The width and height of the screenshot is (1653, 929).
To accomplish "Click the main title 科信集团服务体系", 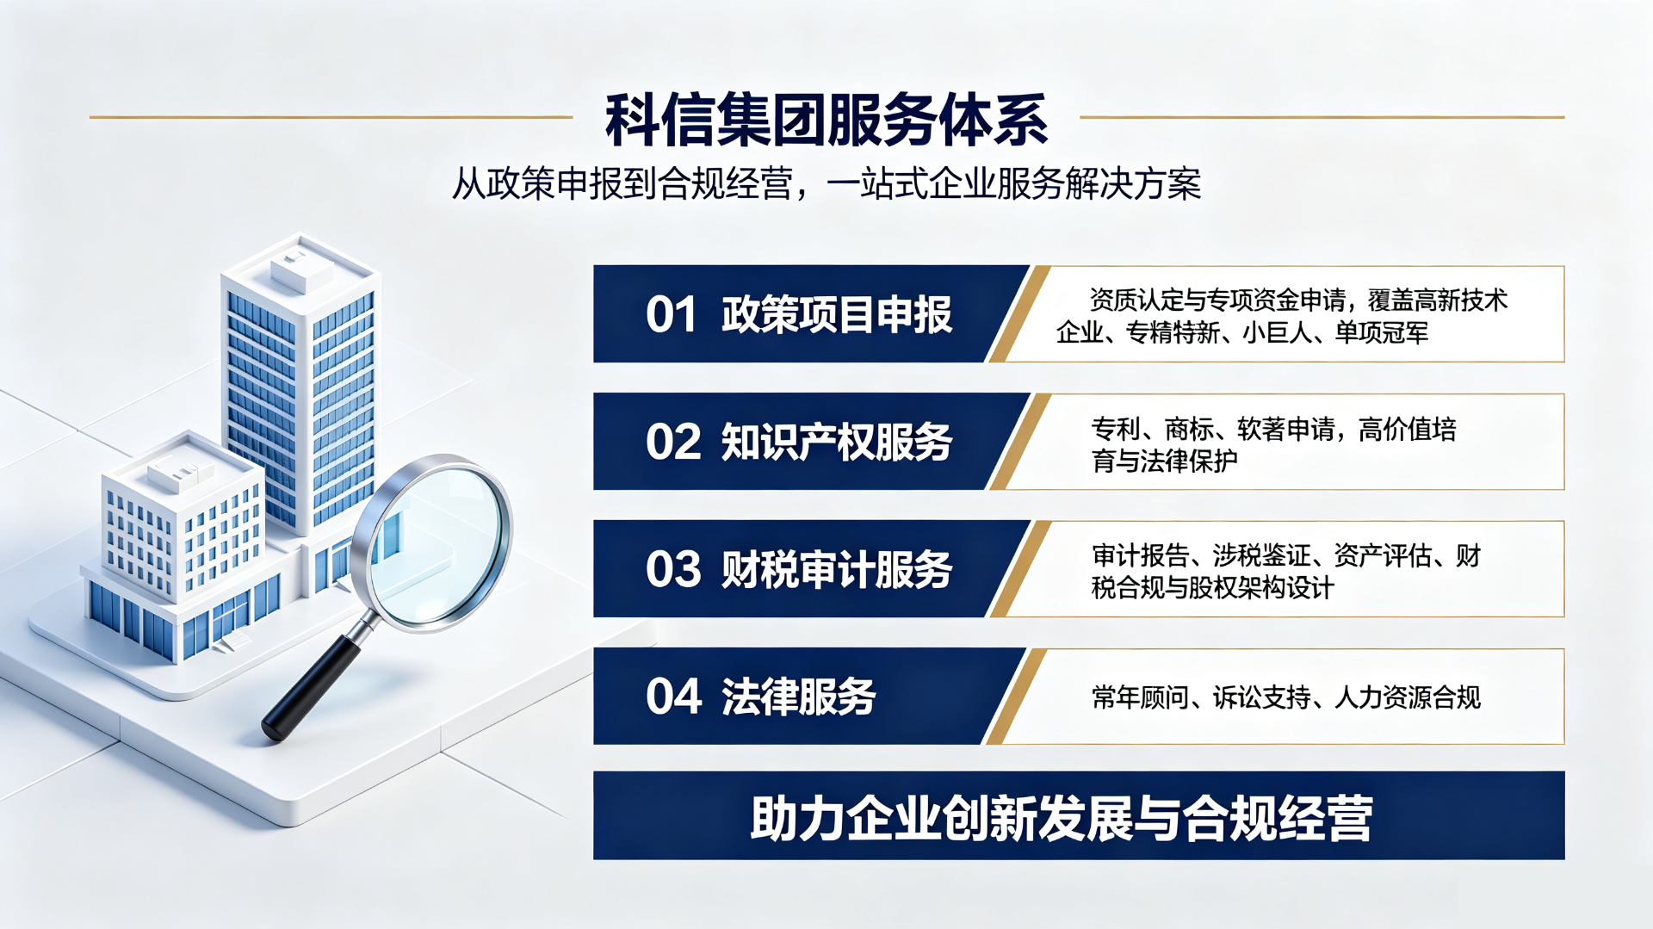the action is click(826, 120).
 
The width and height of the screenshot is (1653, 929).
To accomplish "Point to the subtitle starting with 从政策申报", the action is click(826, 183).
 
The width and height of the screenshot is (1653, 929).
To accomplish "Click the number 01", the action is click(671, 314).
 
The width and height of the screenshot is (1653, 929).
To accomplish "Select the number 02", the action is click(673, 442).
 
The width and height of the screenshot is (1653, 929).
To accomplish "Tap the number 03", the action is click(673, 569).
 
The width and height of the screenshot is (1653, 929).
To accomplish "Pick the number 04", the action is click(673, 697).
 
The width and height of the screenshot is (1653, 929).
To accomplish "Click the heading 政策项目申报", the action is click(837, 314).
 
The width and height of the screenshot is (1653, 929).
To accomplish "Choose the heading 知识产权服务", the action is click(837, 442).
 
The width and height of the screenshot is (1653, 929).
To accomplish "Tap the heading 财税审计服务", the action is click(837, 569).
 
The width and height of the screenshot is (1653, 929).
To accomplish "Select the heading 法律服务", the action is click(799, 697).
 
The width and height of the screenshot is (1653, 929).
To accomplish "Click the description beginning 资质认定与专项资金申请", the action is click(1282, 316).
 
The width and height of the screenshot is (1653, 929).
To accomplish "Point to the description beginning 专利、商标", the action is click(1274, 444).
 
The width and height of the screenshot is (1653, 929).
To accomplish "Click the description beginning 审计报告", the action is click(1286, 572).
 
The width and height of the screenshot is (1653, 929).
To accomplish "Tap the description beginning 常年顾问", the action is click(1286, 697).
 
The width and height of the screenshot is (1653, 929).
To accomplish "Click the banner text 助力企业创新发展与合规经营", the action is click(1061, 818).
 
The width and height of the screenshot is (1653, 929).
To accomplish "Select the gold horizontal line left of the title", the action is click(331, 117).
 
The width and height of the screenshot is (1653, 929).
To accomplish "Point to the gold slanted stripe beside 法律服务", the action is click(1017, 697).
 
